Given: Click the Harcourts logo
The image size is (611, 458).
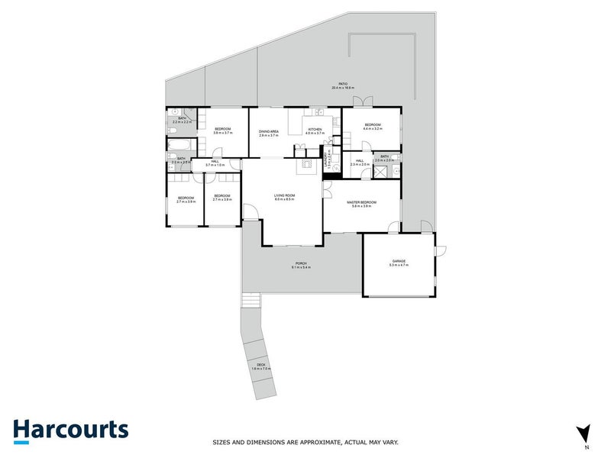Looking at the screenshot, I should tap(70, 429).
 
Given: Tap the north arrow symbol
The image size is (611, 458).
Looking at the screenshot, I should tap(584, 433).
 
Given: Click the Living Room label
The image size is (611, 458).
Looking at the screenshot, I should tap(285, 196).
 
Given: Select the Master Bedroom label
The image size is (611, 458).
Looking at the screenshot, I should tap(359, 202).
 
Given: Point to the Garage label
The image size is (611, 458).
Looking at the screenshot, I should tap(398, 261).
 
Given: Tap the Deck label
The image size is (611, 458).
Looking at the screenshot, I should tap(260, 366).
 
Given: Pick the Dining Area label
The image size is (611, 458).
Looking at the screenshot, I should tap(268, 131).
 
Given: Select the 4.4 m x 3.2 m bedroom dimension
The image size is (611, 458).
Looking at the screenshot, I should tap(372, 129).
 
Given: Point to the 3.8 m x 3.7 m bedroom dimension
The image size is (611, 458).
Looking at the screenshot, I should tap(222, 133).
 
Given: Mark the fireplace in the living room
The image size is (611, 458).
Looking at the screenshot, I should tap(306, 163).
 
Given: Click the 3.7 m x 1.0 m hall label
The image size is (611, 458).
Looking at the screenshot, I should tap(215, 163).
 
